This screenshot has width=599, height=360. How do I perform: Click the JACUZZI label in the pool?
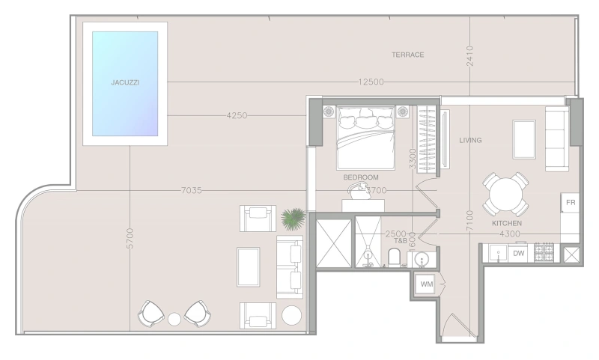tap(125, 82)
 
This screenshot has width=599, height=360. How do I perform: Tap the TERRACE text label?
tap(407, 55)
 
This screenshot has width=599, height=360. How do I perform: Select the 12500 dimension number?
tap(371, 82)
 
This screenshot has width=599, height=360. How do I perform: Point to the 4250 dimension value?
tap(237, 115)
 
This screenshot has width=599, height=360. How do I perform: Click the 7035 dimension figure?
tap(191, 190)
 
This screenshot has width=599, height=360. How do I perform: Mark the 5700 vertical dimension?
tap(130, 239)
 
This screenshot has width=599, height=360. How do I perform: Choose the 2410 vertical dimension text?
tap(470, 56)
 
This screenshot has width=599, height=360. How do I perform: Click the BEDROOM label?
tap(361, 177)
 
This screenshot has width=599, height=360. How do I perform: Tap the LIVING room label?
tap(470, 140)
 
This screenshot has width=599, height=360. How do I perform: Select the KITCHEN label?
tap(507, 223)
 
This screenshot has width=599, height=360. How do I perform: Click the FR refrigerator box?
tap(570, 202)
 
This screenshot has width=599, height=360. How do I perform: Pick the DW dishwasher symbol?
tap(518, 253)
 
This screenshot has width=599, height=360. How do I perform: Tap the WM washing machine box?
tap(426, 284)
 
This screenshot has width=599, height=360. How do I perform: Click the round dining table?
tap(506, 195)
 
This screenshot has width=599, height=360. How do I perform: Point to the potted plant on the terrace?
tap(294, 219)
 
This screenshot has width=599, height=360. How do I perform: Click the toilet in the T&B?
tap(394, 257)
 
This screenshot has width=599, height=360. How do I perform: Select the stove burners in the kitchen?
tap(544, 252)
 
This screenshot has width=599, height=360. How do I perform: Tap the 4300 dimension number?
tap(510, 234)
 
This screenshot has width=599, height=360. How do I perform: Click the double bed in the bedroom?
tap(365, 138)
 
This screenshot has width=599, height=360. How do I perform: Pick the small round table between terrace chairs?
tap(174, 319)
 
